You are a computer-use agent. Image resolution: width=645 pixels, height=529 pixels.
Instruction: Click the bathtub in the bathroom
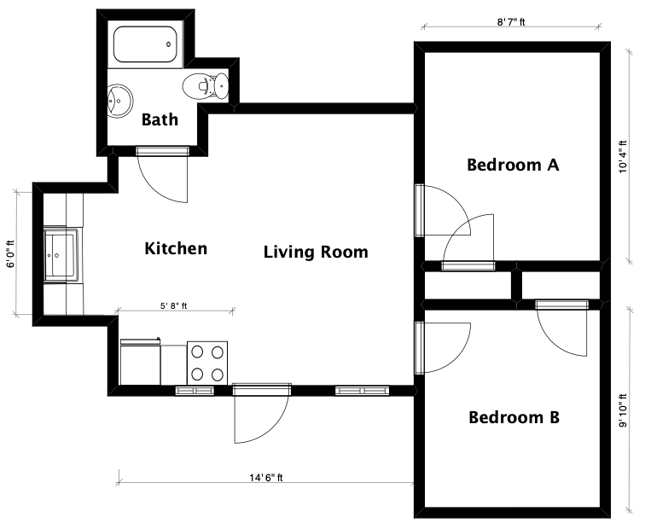(145, 44)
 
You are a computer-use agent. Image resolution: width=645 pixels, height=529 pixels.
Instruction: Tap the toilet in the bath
(205, 86)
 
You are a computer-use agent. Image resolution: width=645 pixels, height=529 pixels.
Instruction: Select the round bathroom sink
(120, 102)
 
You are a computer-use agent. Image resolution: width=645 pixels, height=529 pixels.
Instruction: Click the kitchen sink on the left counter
(61, 254)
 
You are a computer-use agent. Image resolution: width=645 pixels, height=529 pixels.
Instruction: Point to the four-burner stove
(207, 363)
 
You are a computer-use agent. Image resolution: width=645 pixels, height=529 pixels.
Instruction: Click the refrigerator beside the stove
(140, 362)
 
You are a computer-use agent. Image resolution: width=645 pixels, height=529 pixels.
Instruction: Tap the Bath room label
(160, 119)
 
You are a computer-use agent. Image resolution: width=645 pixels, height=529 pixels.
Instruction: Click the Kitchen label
(176, 248)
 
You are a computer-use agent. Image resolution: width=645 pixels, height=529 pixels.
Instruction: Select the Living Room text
(316, 252)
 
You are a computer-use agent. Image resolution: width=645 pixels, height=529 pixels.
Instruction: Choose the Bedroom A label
(513, 165)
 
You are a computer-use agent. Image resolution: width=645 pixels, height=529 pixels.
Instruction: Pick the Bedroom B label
(514, 417)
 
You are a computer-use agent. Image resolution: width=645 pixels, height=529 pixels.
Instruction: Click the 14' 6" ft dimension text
(266, 478)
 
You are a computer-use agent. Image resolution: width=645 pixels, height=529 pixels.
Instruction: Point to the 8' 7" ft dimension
(511, 22)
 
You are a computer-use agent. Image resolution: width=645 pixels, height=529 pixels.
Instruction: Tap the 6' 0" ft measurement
(11, 253)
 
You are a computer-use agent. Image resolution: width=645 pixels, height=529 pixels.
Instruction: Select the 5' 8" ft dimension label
(173, 306)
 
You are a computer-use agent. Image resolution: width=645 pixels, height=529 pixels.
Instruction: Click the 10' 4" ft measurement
(623, 157)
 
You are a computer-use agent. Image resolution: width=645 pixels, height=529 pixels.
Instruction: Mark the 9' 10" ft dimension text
(623, 410)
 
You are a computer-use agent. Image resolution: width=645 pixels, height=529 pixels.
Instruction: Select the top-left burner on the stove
(197, 352)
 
